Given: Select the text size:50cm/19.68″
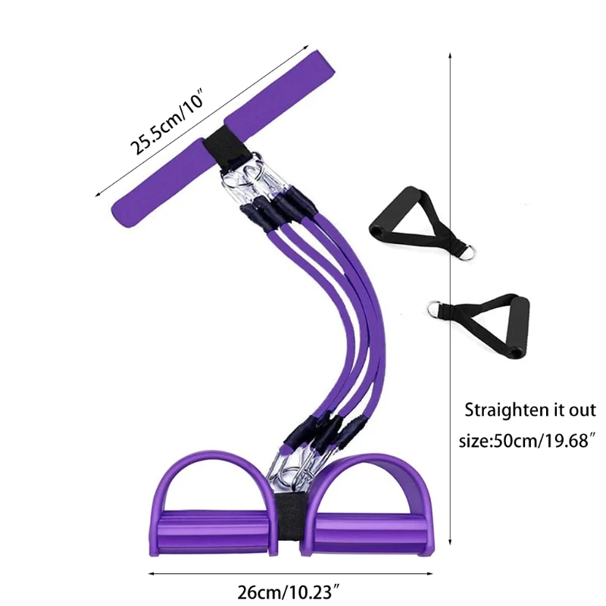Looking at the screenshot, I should (x=526, y=440).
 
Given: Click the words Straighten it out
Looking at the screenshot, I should (x=530, y=411).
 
